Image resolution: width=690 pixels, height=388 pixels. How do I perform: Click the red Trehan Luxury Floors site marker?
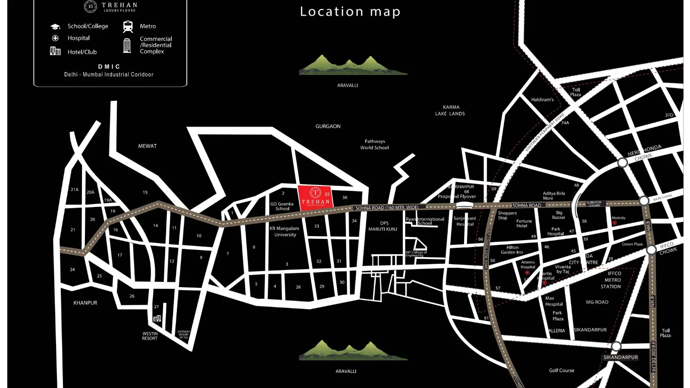(315, 198)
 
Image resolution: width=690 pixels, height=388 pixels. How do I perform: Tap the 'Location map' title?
(350, 12)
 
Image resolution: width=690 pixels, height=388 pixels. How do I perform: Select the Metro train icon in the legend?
(128, 26)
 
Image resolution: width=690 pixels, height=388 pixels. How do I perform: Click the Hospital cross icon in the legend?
(55, 38)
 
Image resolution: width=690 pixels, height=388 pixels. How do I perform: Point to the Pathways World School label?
(374, 144)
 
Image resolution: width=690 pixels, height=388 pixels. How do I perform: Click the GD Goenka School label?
(282, 207)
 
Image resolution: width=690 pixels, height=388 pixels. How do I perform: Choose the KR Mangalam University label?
(285, 232)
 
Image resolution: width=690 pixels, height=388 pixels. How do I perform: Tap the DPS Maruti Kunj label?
(383, 226)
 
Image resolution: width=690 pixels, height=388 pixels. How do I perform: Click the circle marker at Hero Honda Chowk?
(622, 163)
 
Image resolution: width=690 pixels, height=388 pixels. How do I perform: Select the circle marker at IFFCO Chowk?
(651, 250)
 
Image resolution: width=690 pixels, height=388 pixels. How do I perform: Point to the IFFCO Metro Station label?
(612, 280)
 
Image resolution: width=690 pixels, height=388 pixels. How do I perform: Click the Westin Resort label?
(150, 336)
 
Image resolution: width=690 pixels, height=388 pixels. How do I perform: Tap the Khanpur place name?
(85, 303)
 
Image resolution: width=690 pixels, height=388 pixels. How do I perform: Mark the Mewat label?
(147, 146)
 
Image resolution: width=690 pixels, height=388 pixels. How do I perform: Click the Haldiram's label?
(542, 100)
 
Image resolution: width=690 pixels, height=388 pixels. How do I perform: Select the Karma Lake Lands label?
(450, 110)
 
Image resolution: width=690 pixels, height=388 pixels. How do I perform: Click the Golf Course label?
(561, 370)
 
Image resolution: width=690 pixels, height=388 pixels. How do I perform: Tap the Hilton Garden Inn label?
(512, 250)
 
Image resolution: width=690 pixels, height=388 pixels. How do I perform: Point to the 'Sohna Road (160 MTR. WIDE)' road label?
(387, 208)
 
